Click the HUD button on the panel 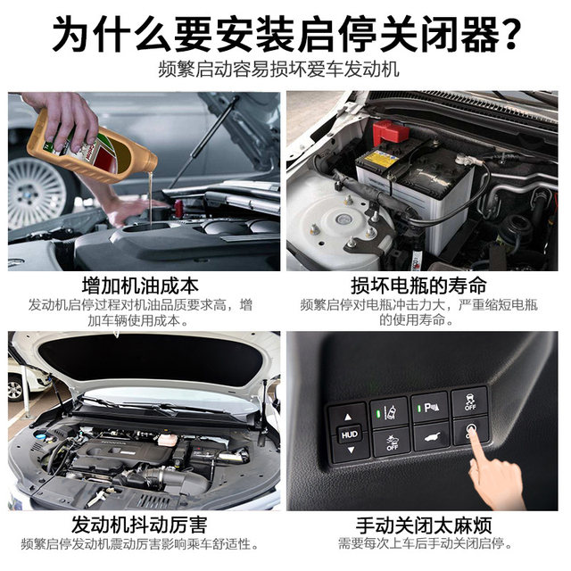(x=349, y=435)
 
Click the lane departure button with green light (x=390, y=412)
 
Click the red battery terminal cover (x=390, y=132)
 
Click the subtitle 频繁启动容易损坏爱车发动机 (x=285, y=69)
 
